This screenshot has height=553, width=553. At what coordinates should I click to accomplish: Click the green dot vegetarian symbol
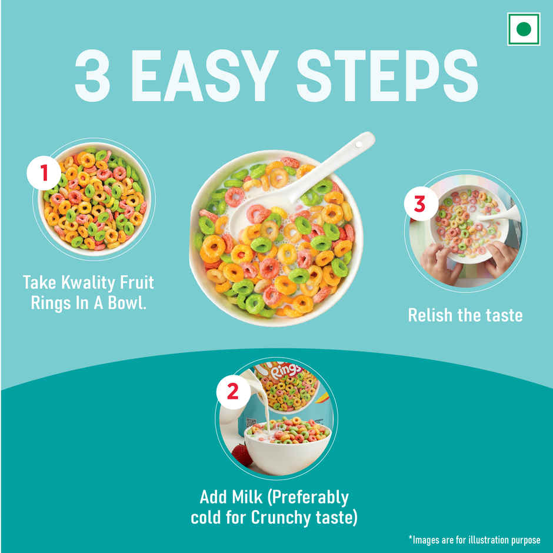click(524, 29)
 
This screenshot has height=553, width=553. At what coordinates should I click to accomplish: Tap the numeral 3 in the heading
click(92, 75)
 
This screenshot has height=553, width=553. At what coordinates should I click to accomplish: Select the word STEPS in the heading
click(387, 75)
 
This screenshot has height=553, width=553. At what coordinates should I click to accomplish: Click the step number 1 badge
click(44, 173)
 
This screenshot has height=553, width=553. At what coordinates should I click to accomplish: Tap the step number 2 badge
click(233, 391)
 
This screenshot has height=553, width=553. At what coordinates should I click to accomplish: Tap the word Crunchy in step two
click(281, 518)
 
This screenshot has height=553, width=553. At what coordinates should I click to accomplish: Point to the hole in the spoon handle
click(359, 145)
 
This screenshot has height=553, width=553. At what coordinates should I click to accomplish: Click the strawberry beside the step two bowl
click(242, 455)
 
